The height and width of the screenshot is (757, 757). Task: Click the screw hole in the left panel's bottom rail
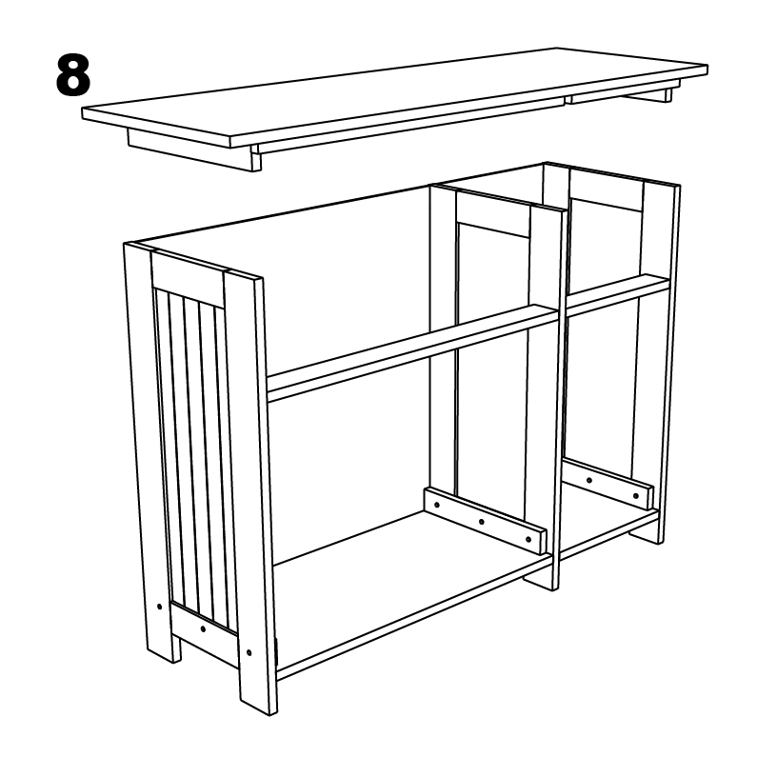(203, 629)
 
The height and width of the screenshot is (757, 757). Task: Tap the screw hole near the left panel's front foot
(249, 653)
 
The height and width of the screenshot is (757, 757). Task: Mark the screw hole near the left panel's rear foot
(157, 605)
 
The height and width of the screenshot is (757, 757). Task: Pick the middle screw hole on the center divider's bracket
(482, 521)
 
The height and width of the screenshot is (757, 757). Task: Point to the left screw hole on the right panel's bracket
(589, 479)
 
